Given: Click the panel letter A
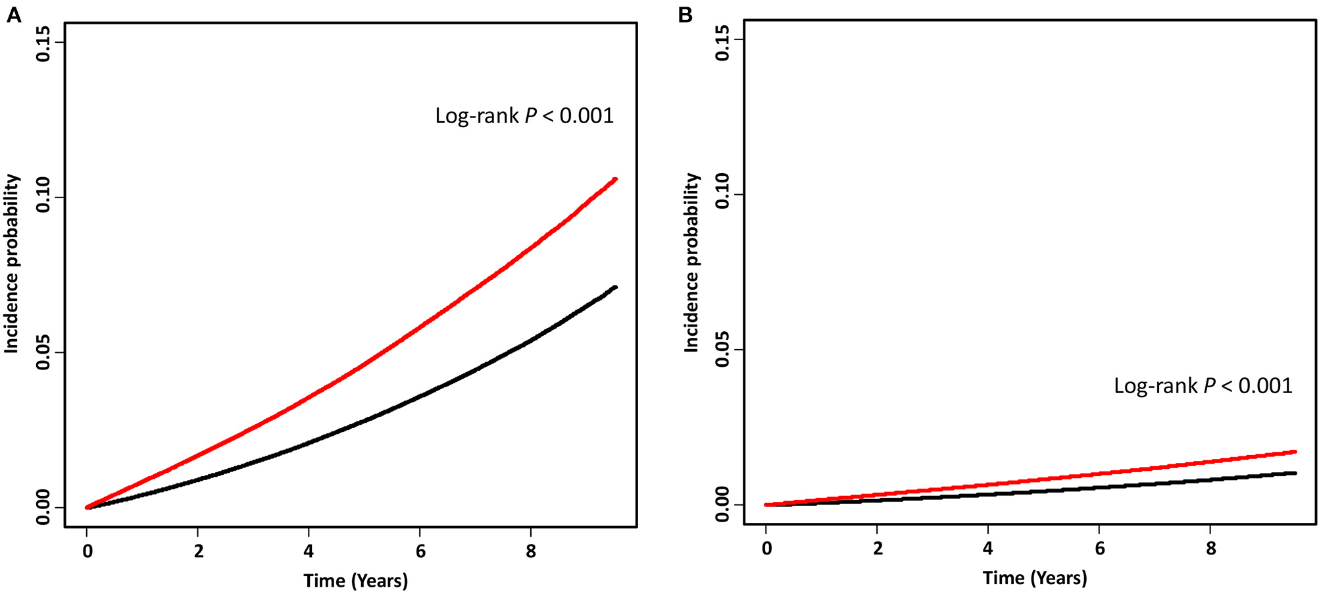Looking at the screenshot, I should (x=13, y=14).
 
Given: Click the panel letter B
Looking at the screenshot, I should (x=685, y=14).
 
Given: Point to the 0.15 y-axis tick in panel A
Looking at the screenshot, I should (x=43, y=43).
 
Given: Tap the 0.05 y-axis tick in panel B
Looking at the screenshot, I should (x=722, y=350).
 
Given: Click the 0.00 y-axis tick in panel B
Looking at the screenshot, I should (x=722, y=504).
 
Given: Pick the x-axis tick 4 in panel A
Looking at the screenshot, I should (x=309, y=551).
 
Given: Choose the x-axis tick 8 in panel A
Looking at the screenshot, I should (x=531, y=551).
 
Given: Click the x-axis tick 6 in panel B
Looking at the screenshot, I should (x=1099, y=549).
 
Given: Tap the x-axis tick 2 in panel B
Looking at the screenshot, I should (x=878, y=549).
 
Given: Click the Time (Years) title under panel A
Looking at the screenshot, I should (x=355, y=580).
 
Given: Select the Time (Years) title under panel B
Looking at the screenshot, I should (x=1035, y=578).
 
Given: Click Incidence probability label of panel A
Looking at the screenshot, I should (x=12, y=263).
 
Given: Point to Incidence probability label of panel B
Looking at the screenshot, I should (x=691, y=262).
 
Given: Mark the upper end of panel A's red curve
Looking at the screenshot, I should (x=615, y=179).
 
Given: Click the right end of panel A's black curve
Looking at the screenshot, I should (x=615, y=287).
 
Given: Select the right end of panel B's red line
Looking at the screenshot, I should (x=1295, y=452).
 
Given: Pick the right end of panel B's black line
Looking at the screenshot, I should (x=1295, y=473).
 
